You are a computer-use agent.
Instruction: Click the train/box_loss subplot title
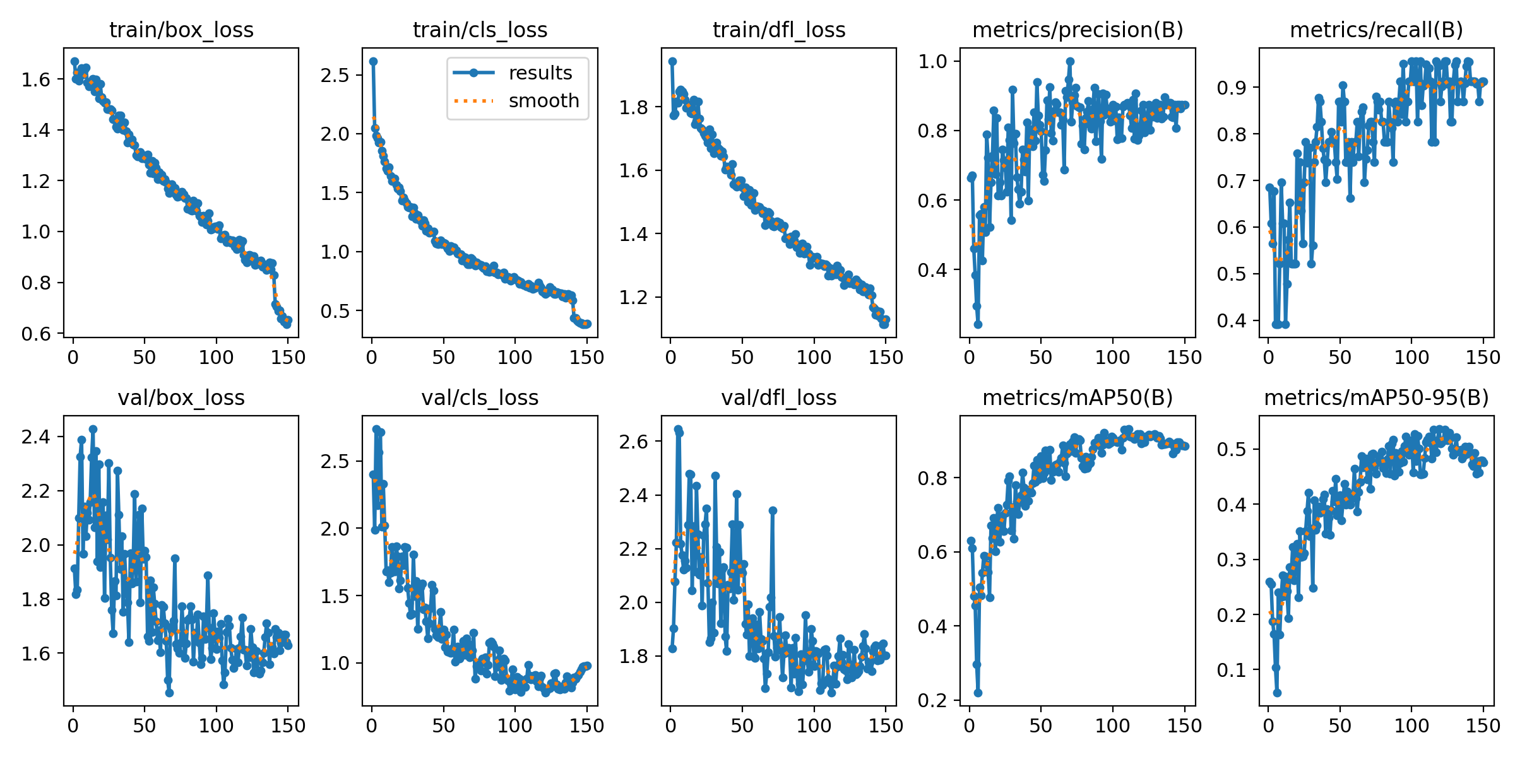point(181,30)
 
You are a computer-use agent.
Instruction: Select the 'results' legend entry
point(540,73)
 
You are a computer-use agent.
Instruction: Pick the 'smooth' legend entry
point(544,101)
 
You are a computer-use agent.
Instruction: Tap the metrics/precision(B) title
point(1078,30)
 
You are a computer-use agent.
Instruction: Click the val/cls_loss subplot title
point(480,397)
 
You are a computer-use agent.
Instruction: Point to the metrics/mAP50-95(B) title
point(1376,397)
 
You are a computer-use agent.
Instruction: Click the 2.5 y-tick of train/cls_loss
point(335,75)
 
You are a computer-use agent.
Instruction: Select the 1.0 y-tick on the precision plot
point(932,61)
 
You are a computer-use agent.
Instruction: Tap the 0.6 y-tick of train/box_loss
point(35,334)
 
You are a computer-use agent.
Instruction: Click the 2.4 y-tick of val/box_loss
point(35,437)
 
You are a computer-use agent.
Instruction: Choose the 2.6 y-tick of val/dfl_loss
point(633,442)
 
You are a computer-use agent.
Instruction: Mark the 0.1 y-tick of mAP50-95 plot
point(1231,670)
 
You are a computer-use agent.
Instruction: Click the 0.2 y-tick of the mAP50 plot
point(932,700)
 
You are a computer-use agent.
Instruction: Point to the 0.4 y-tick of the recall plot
point(1231,320)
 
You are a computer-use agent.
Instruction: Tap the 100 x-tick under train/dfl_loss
point(814,357)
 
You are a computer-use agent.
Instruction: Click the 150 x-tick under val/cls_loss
point(587,725)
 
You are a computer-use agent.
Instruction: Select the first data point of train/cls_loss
point(373,61)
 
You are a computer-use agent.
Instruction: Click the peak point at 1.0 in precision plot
point(1070,61)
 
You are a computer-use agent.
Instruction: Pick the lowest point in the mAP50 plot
point(978,693)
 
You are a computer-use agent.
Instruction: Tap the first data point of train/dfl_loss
point(672,61)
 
